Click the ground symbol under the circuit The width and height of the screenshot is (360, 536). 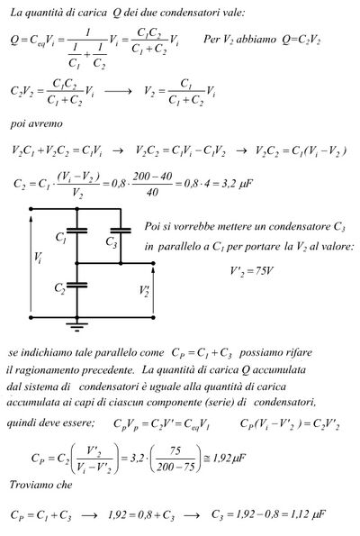(76, 327)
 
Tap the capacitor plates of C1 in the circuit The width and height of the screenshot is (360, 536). (76, 232)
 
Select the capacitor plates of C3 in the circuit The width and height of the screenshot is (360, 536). (121, 232)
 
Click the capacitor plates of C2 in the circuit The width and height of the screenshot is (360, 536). (76, 285)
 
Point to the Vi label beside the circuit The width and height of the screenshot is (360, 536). (38, 257)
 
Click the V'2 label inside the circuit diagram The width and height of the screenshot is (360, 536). (144, 291)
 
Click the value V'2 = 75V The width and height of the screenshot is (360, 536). (251, 271)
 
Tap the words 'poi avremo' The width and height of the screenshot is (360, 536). (37, 123)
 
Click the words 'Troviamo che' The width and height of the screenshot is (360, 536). (41, 485)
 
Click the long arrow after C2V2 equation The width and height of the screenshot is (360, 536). (118, 91)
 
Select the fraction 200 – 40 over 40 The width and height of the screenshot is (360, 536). (152, 184)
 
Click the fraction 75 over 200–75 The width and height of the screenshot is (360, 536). (175, 458)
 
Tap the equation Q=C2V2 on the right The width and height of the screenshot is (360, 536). (301, 40)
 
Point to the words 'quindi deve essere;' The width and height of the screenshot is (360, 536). (50, 423)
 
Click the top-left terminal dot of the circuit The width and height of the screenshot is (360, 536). (31, 209)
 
